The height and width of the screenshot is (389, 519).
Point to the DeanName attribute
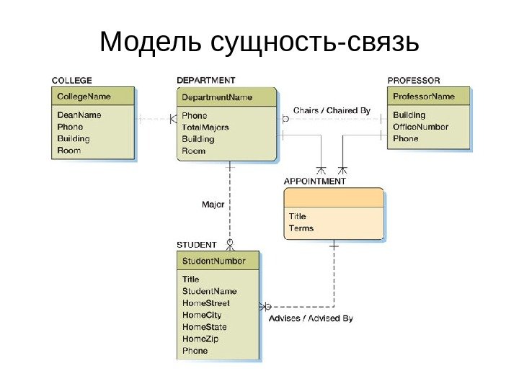[x=79, y=115]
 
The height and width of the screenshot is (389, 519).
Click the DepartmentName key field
[x=217, y=97]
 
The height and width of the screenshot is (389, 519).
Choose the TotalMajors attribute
[x=205, y=127]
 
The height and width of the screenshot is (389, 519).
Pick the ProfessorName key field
[x=424, y=97]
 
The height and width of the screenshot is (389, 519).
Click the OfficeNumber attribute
[x=420, y=127]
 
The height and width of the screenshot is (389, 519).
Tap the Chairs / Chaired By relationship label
[x=332, y=111]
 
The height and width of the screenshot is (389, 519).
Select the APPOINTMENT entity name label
[x=315, y=182]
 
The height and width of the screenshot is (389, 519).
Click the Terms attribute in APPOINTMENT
[x=301, y=228]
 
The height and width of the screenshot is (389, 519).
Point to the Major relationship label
[x=213, y=205]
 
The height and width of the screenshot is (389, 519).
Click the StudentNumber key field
[x=214, y=261]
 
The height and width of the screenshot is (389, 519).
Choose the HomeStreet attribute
[x=206, y=303]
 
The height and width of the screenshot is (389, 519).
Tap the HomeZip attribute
[x=200, y=339]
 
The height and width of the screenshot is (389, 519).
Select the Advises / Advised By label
[x=311, y=318]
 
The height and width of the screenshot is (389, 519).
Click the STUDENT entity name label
[x=196, y=245]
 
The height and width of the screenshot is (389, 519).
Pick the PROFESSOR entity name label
[x=414, y=80]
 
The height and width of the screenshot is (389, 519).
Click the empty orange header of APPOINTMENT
[x=334, y=197]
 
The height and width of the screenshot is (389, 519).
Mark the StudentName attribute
[x=210, y=291]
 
